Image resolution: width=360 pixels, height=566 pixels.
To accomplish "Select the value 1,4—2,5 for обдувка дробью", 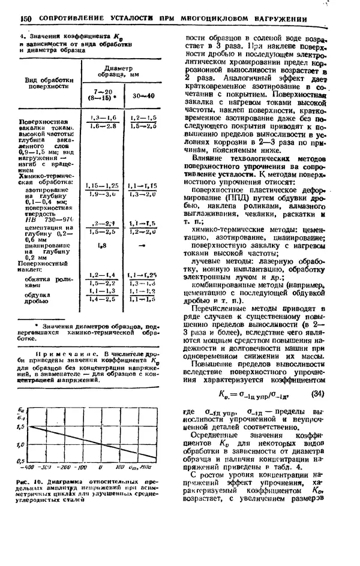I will [x=101, y=298].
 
